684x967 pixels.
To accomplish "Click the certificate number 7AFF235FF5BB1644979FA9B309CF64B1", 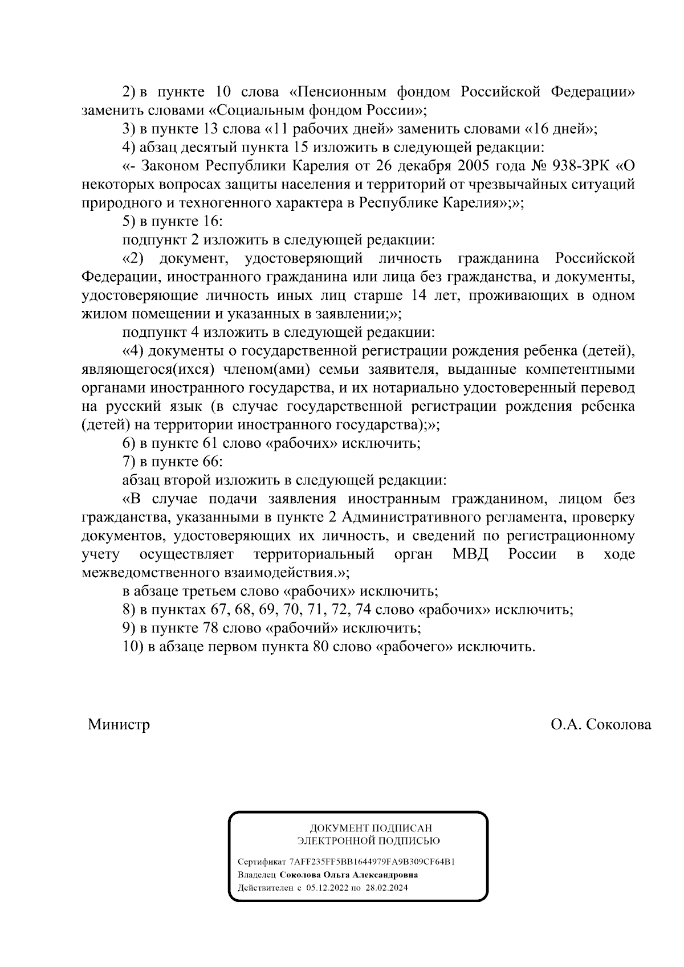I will [x=372, y=862].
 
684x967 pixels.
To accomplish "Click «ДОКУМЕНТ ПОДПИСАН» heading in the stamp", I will [x=371, y=828].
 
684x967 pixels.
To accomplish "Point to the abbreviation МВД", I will [x=470, y=554].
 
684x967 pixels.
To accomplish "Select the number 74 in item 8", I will [x=364, y=610].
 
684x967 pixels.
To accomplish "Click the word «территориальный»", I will [x=314, y=554].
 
